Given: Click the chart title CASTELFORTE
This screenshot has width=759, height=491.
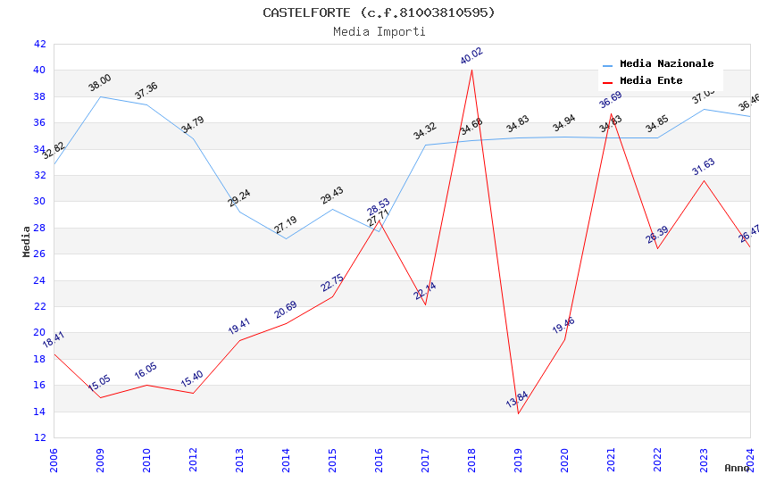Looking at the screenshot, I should coord(379,12).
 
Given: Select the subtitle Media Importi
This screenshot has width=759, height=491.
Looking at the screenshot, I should coord(379,31).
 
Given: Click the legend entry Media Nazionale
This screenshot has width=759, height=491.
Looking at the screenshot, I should coord(666,64).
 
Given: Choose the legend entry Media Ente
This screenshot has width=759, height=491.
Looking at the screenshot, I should coord(651,80).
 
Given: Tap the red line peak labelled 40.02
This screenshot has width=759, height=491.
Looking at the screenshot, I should coord(471,70).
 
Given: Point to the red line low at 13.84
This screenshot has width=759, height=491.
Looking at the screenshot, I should coord(518,413).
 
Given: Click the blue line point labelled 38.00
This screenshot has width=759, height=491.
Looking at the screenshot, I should coord(100,96).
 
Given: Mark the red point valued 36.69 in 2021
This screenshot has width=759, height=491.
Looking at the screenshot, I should coord(611,113).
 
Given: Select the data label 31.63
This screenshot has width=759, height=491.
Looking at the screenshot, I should coord(704,166).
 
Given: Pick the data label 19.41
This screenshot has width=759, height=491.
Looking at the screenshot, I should coord(239,326).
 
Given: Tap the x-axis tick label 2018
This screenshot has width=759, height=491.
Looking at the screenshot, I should coord(471,460).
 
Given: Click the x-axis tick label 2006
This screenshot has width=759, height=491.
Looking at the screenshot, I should coord(54,460).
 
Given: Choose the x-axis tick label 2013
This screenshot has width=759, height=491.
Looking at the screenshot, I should coord(239,460).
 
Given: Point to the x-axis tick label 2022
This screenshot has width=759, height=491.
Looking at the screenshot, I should coord(657,460).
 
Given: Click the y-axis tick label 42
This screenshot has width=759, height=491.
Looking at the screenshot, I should coord(39,44).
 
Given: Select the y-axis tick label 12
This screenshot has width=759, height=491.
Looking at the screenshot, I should coord(39,437).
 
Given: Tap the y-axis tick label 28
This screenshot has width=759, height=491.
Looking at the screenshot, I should coord(39,228).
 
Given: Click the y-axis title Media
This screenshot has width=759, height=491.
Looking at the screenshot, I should coord(27,241).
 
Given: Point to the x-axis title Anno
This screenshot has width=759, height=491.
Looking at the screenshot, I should coord(737,468).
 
